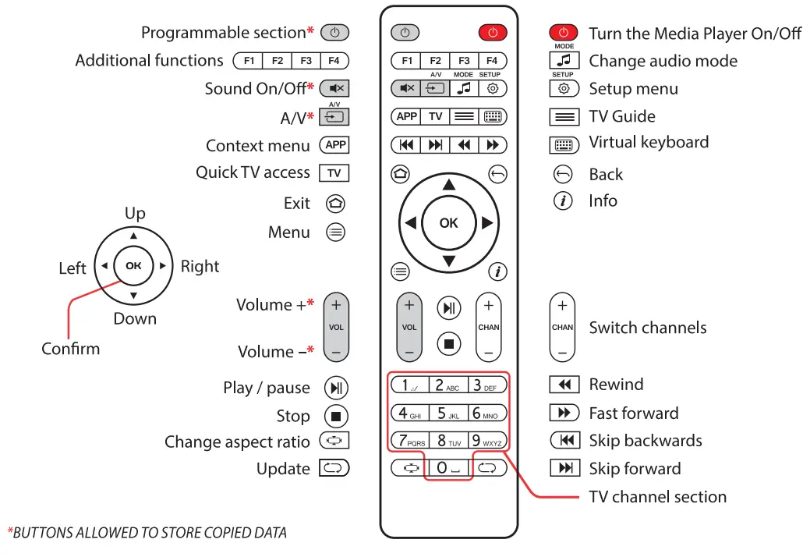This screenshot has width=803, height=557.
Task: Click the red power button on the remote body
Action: tap(492, 33)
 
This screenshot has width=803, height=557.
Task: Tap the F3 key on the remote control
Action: tap(463, 60)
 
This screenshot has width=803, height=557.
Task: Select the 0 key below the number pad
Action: tap(448, 468)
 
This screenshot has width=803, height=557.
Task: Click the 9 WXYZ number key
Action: tap(487, 441)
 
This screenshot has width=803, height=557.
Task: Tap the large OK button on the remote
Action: tap(448, 223)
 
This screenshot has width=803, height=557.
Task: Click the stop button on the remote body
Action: tap(449, 342)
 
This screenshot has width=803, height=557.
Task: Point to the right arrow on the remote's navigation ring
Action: tap(487, 223)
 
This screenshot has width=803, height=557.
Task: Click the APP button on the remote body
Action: tap(406, 116)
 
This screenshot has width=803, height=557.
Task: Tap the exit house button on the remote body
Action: tap(400, 174)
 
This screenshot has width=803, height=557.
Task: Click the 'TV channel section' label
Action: tap(657, 497)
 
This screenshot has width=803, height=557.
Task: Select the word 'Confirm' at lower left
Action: tap(71, 349)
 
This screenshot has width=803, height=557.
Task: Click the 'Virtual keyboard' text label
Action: tap(649, 143)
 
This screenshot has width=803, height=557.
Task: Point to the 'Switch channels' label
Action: tap(647, 328)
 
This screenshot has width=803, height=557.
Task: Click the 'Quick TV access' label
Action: tap(253, 172)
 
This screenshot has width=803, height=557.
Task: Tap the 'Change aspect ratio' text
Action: tap(237, 442)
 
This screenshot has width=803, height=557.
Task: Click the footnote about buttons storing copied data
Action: tap(147, 534)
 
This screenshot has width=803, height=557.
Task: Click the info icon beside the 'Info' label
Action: tap(563, 201)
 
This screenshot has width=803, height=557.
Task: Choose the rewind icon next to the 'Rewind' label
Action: tap(564, 385)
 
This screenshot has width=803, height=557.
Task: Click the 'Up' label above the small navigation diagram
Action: tap(135, 213)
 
